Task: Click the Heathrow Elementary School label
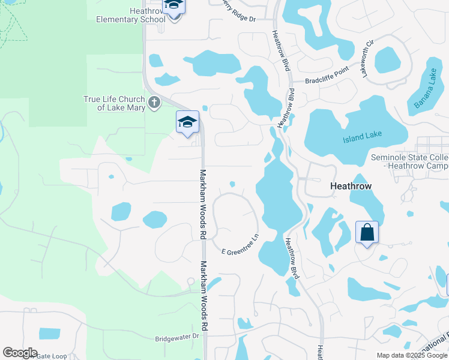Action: tap(131, 15)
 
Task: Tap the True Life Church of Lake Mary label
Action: tap(114, 103)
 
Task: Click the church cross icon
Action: tap(154, 102)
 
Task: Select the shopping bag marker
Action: tap(367, 232)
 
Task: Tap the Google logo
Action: tap(20, 353)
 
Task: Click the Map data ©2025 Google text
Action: tap(411, 355)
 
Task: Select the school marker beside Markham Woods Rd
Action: tap(187, 122)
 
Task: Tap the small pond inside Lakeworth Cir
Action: tap(388, 60)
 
